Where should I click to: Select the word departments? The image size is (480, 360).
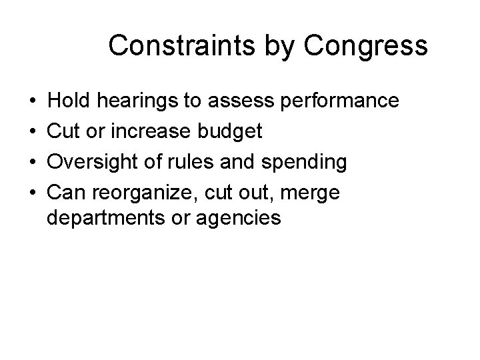(98, 218)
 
